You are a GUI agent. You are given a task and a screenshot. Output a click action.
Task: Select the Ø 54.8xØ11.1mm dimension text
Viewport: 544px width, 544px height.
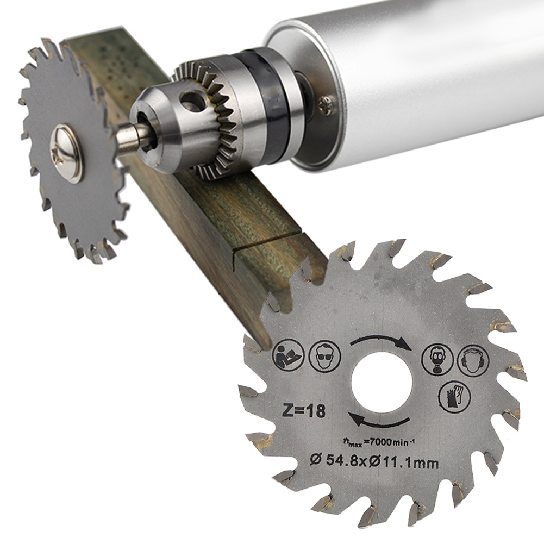click(374, 462)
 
